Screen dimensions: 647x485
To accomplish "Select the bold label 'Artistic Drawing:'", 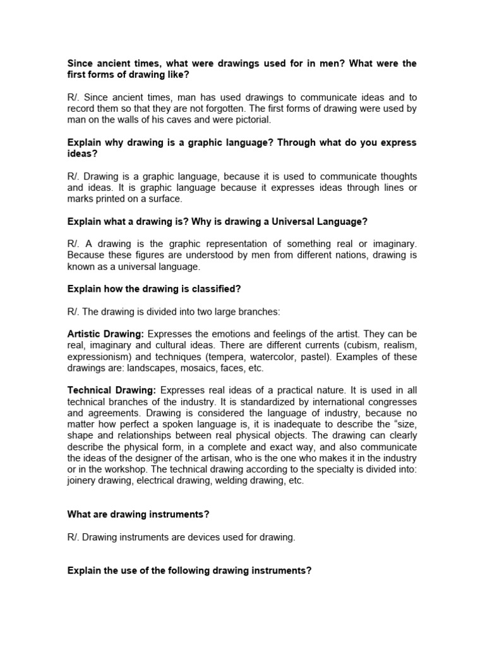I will [x=105, y=334].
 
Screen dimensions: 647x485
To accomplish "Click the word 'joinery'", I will [x=82, y=480].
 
